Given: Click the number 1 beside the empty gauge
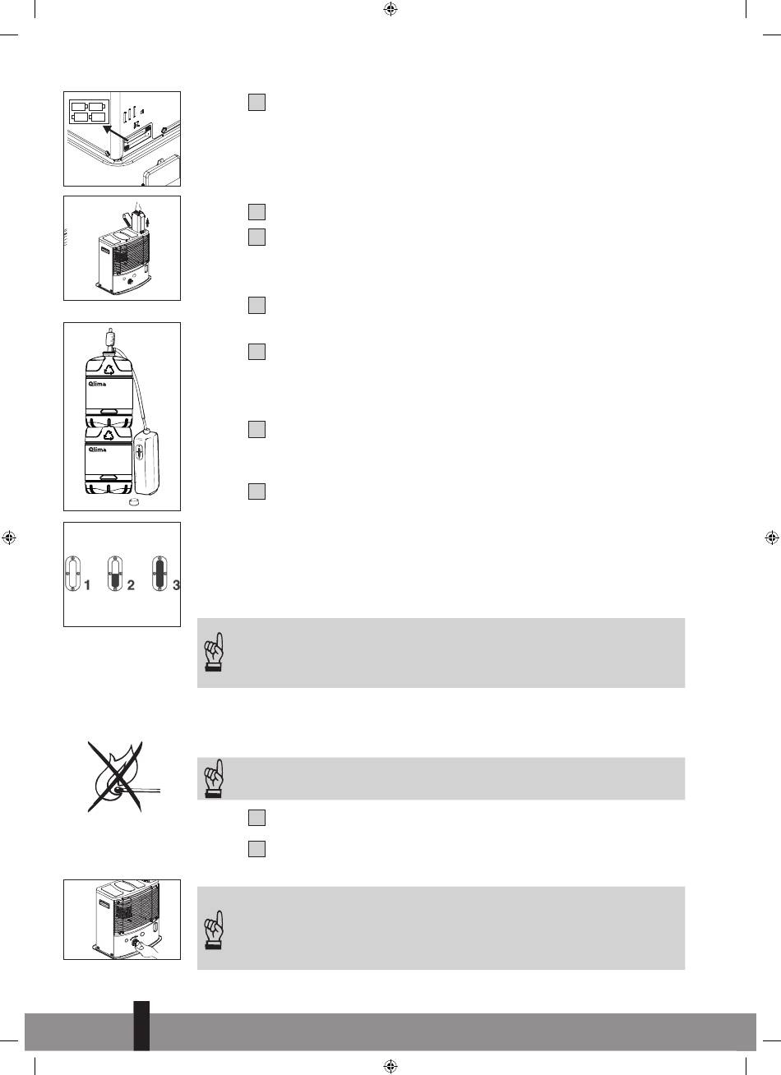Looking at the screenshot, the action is pyautogui.click(x=87, y=585).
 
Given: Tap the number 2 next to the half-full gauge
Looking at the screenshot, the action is pyautogui.click(x=131, y=585).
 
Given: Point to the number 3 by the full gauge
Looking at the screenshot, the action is pyautogui.click(x=176, y=585).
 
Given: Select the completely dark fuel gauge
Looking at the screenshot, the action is pyautogui.click(x=159, y=574).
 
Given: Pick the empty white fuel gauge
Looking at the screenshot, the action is pyautogui.click(x=72, y=574).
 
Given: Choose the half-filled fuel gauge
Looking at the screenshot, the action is pyautogui.click(x=115, y=574).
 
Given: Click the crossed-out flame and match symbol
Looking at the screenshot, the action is pyautogui.click(x=117, y=777).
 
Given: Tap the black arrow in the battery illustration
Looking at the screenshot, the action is pyautogui.click(x=115, y=133).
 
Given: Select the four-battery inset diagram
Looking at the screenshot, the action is pyautogui.click(x=90, y=111).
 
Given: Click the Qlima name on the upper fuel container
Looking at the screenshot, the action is pyautogui.click(x=97, y=384).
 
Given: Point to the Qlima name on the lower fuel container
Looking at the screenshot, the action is pyautogui.click(x=97, y=450).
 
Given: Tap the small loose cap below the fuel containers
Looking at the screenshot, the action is pyautogui.click(x=132, y=502).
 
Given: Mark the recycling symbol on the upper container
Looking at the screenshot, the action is pyautogui.click(x=110, y=369).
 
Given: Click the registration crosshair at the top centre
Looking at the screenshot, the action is pyautogui.click(x=390, y=9).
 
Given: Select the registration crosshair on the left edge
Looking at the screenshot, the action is pyautogui.click(x=9, y=537).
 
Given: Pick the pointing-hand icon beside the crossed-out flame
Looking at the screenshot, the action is pyautogui.click(x=214, y=778).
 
